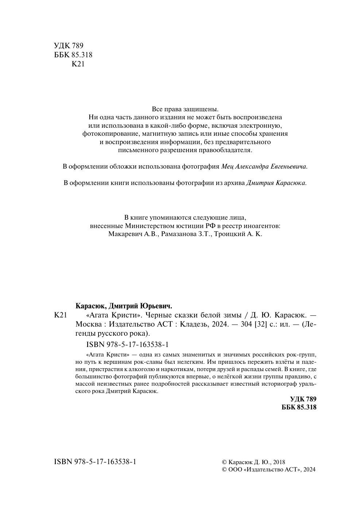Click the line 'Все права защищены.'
185,109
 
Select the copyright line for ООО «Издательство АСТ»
269,470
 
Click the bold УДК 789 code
303,399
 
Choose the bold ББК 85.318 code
299,407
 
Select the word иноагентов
261,226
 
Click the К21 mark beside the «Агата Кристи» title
60,315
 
